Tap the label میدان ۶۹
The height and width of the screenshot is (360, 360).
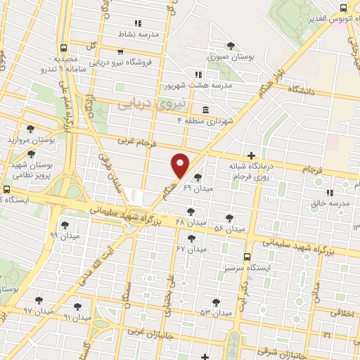pyautogui.click(x=198, y=188)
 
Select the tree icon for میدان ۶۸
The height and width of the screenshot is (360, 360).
pyautogui.click(x=191, y=211)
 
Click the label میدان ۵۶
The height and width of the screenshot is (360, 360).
pyautogui.click(x=229, y=229)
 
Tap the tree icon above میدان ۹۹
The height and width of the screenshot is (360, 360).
pyautogui.click(x=65, y=225)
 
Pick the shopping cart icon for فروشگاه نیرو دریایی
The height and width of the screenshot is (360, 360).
pyautogui.click(x=121, y=51)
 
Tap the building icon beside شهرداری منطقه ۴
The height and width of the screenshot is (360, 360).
pyautogui.click(x=205, y=110)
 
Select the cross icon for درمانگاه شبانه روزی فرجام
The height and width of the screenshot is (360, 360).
pyautogui.click(x=251, y=155)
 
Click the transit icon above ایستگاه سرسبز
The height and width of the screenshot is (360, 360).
pyautogui.click(x=247, y=257)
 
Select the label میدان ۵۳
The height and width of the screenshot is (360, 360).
pyautogui.click(x=215, y=311)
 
